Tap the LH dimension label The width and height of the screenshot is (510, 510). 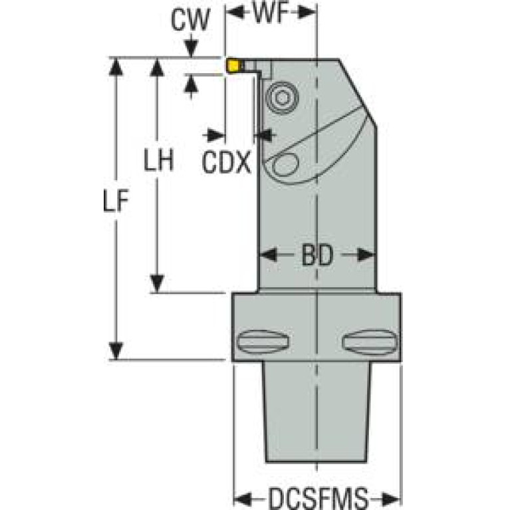pyautogui.click(x=159, y=160)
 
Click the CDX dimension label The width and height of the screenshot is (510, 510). pyautogui.click(x=226, y=163)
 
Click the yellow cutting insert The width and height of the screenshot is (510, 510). pyautogui.click(x=233, y=65)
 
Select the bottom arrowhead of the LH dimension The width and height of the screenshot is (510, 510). pyautogui.click(x=158, y=284)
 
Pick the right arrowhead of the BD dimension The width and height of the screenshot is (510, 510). pyautogui.click(x=366, y=255)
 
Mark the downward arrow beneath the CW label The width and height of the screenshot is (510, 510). pyautogui.click(x=191, y=49)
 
